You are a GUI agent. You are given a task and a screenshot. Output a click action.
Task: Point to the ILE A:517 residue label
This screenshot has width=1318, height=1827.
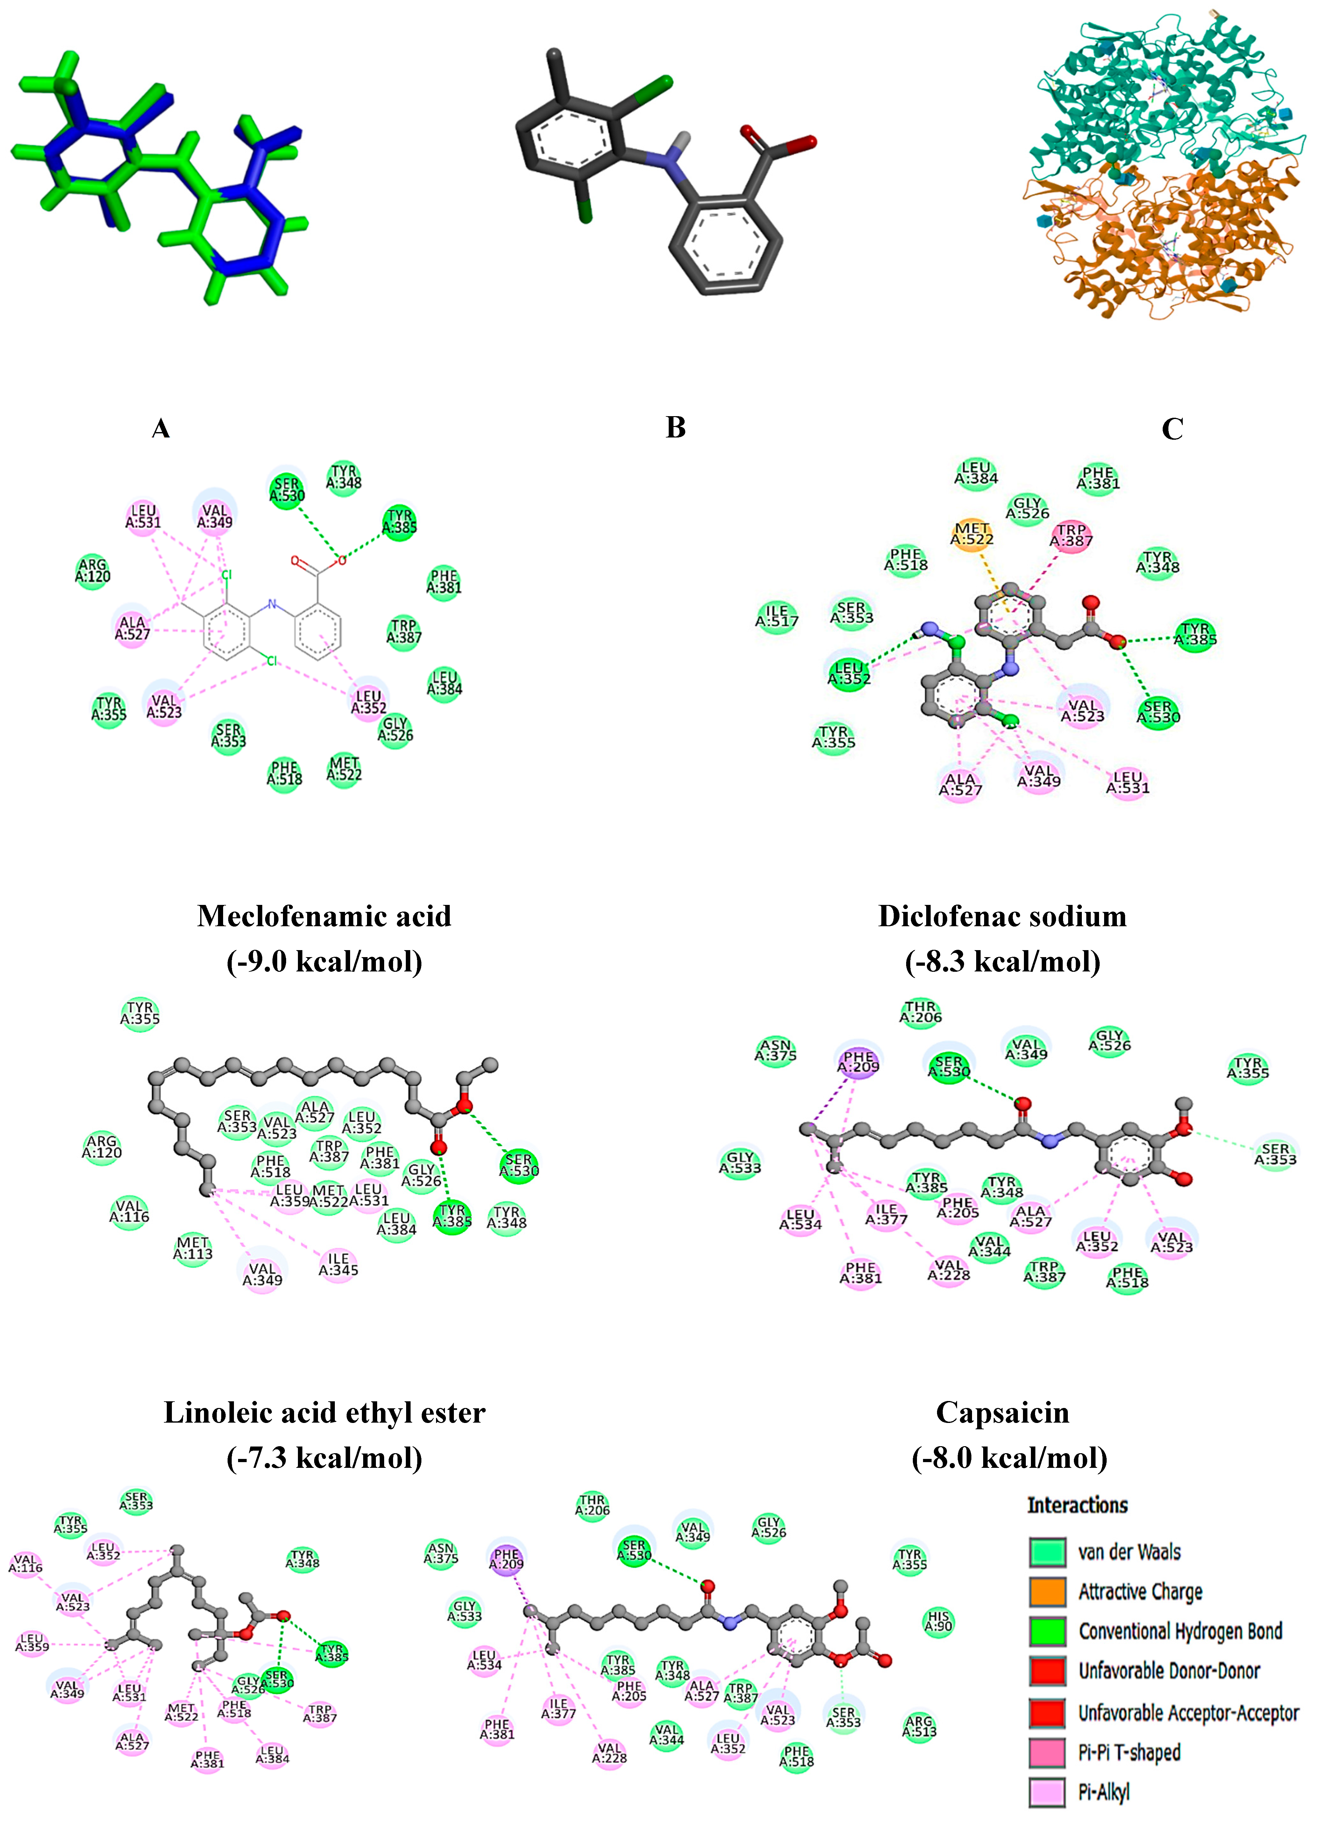[777, 615]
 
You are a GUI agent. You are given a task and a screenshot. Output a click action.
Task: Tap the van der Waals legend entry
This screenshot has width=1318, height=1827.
[1129, 1552]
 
